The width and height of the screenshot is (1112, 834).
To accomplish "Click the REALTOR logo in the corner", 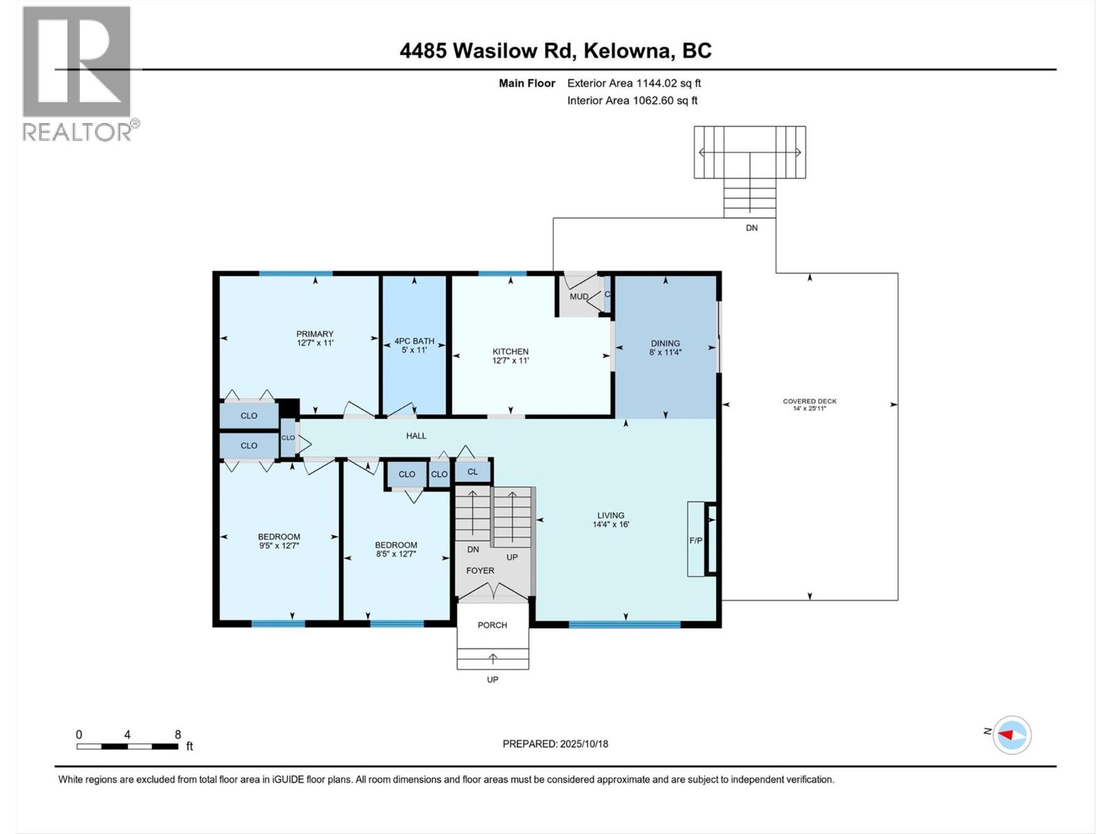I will [76, 73].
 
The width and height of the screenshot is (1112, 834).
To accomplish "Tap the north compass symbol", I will [1011, 735].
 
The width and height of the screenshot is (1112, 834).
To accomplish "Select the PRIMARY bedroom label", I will [315, 334].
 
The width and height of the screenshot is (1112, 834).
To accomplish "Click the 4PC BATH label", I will [414, 341].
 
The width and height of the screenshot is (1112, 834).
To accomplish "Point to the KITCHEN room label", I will [511, 352].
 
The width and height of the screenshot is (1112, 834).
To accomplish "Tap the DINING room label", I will [665, 343].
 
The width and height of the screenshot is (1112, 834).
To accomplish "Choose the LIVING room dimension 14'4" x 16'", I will [611, 525].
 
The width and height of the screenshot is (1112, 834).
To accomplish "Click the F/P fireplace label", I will [696, 540].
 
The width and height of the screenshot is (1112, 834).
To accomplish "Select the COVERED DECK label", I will [810, 401].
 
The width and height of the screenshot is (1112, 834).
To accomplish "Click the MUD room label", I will [579, 297].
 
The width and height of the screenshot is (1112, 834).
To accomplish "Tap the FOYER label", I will [480, 571].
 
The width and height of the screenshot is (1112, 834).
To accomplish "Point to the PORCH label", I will [492, 625].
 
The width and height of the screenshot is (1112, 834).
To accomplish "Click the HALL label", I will [416, 436].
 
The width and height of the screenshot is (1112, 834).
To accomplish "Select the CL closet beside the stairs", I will [473, 471].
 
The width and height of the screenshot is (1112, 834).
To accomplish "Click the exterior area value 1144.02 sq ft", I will [668, 83].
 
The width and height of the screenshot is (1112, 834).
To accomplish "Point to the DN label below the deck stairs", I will [751, 228].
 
